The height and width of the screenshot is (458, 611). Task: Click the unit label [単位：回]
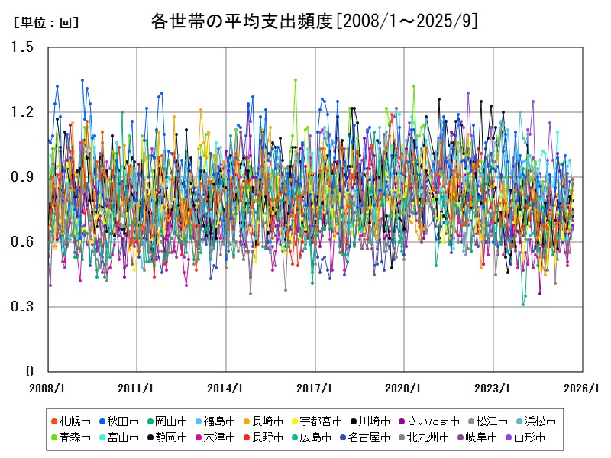pos(46,23)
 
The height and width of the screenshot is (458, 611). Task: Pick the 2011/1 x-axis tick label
pos(137,387)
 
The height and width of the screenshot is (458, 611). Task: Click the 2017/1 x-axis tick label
pos(315,387)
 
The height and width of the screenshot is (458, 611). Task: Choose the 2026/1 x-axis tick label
pos(583,387)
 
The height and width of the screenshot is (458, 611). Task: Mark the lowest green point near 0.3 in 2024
pos(523,305)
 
